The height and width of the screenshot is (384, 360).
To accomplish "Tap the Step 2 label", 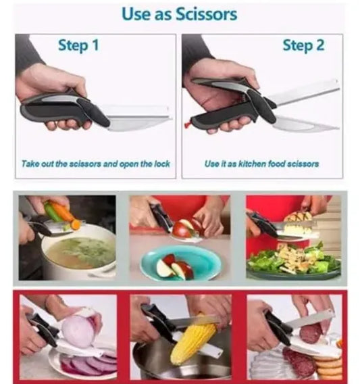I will pyautogui.click(x=303, y=45).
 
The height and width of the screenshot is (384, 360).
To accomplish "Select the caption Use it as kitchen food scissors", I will pyautogui.click(x=261, y=164).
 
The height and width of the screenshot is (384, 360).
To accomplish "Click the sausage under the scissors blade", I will pyautogui.click(x=312, y=332).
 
